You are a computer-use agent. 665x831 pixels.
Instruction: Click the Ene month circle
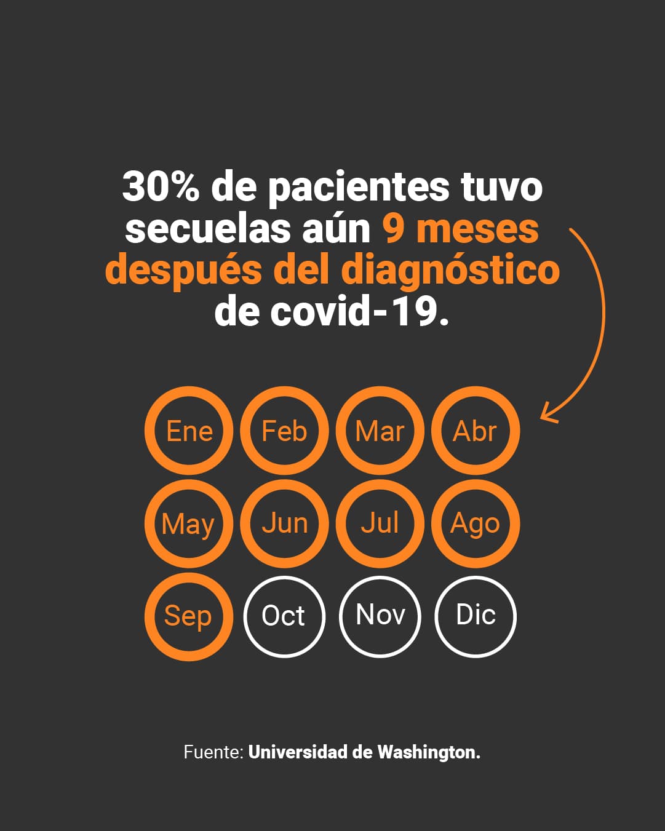pos(189,431)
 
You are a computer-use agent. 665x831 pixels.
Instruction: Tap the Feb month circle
pos(284,431)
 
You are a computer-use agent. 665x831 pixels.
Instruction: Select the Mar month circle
pos(380,431)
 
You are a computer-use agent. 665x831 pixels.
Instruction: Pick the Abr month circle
pos(475,431)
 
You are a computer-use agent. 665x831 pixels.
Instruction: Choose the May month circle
pos(189,523)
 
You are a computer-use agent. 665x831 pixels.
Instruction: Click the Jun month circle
pos(284,523)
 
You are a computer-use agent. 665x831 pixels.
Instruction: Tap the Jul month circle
pos(380,523)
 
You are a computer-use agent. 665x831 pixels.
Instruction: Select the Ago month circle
pos(475,523)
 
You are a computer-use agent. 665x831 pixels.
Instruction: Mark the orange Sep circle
pos(189,616)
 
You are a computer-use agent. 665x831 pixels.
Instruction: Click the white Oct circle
pos(284,616)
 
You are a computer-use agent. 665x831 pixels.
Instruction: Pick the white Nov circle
pos(380,616)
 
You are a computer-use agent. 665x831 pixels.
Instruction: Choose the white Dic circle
pos(475,616)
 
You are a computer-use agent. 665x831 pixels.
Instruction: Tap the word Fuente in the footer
pos(213,752)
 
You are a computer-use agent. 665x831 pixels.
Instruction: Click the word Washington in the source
pos(428,752)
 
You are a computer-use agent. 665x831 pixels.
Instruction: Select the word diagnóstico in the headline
pos(450,271)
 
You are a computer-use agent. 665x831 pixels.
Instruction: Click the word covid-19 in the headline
pos(360,312)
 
